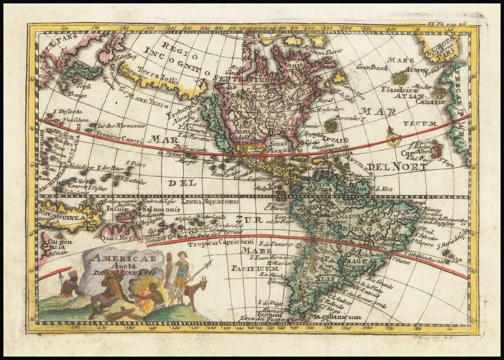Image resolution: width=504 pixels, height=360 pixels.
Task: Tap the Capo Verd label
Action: click(x=419, y=152)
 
